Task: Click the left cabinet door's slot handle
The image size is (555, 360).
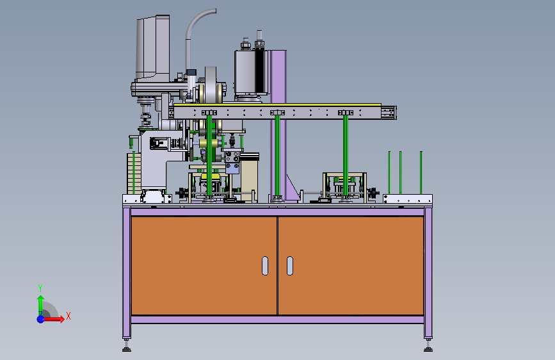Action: pyautogui.click(x=265, y=266)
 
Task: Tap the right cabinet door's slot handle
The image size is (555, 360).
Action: pyautogui.click(x=290, y=266)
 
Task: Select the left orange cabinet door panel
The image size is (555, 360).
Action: pyautogui.click(x=204, y=266)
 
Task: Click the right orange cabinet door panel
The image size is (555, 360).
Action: pyautogui.click(x=351, y=266)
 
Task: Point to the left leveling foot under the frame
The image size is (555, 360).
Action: pyautogui.click(x=126, y=345)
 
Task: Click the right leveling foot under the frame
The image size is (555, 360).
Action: pyautogui.click(x=428, y=345)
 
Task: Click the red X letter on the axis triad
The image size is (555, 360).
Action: pyautogui.click(x=68, y=316)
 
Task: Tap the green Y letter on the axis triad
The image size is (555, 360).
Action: pyautogui.click(x=40, y=288)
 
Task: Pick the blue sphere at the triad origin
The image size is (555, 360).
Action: pyautogui.click(x=41, y=319)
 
